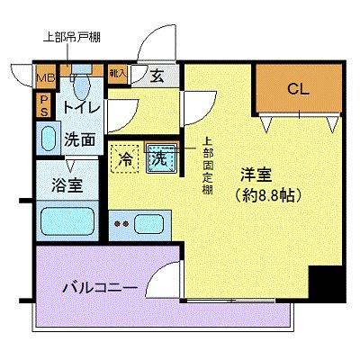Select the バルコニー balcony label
[x=100, y=289]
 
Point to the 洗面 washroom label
[x=79, y=139]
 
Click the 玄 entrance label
[x=157, y=76]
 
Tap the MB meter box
[x=44, y=77]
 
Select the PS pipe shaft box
[x=42, y=106]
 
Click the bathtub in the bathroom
[x=67, y=220]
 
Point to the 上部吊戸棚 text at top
[x=73, y=38]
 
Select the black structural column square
[x=327, y=284]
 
